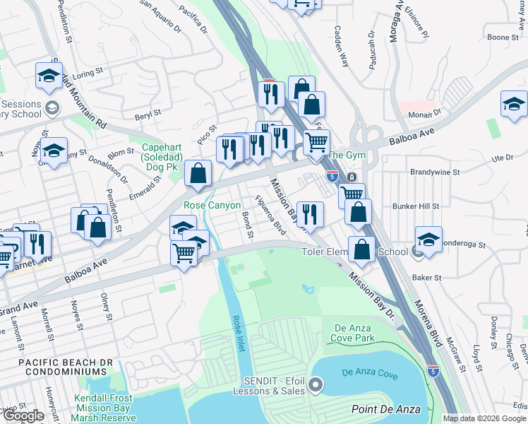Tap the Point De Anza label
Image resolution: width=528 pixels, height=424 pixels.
pyautogui.click(x=385, y=409)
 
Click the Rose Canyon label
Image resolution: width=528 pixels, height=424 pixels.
pyautogui.click(x=208, y=205)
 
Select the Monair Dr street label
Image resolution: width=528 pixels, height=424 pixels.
pyautogui.click(x=426, y=112)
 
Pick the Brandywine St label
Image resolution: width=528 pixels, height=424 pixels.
pyautogui.click(x=435, y=172)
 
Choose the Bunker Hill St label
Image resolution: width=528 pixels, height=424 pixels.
pyautogui.click(x=416, y=206)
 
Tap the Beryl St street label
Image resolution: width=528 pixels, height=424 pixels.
pyautogui.click(x=149, y=112)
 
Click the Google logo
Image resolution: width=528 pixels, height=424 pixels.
pyautogui.click(x=24, y=416)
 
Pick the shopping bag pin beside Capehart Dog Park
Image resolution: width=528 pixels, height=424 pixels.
pyautogui.click(x=199, y=172)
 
